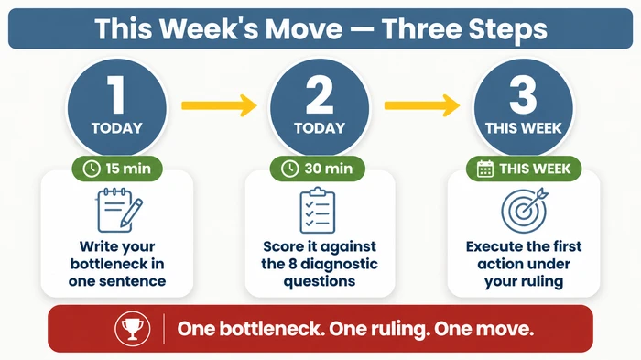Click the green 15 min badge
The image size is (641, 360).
coord(117,169)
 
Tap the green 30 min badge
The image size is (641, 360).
coord(320,169)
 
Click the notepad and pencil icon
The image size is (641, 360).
coord(117,209)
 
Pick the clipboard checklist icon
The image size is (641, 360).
coord(320,209)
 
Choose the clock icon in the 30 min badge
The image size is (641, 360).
coord(289,169)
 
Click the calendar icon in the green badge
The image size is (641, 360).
coord(486,169)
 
